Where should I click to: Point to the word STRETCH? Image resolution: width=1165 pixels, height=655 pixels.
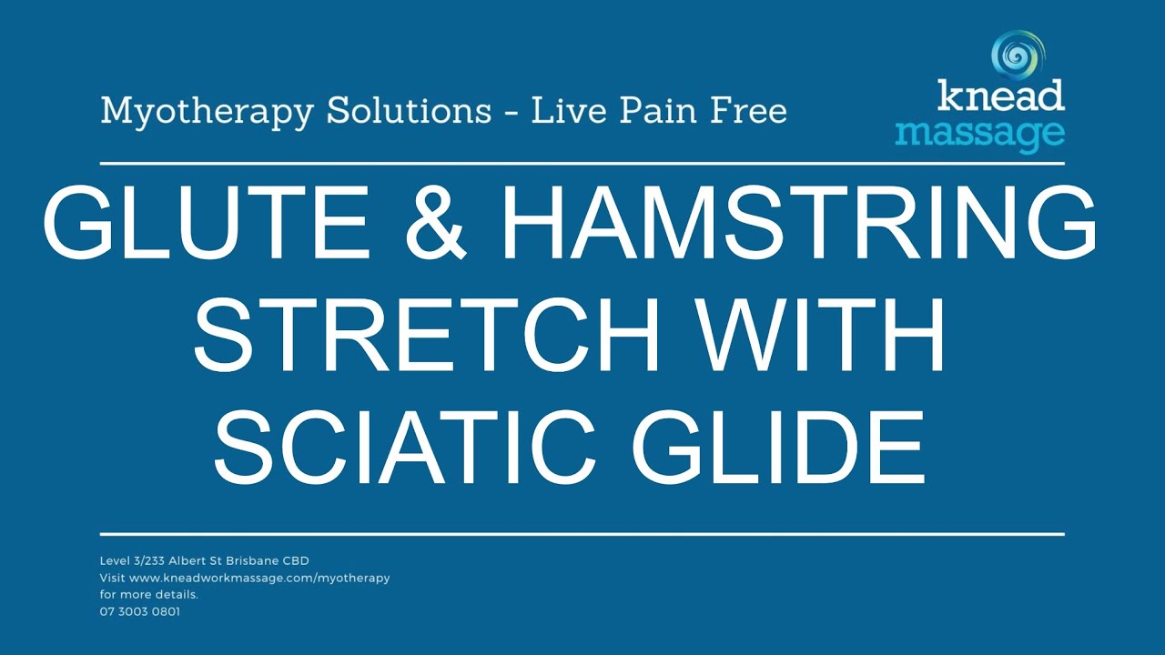pos(426,338)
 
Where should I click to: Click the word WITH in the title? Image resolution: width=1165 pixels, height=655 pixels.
pos(817,338)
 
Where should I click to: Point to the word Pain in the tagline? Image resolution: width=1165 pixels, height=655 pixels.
pos(665,111)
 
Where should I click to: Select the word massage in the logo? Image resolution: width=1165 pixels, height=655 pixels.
pos(979,133)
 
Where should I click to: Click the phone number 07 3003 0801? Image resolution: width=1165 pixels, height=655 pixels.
pos(139,611)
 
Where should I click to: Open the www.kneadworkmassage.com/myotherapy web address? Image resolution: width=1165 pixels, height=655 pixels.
pos(259,578)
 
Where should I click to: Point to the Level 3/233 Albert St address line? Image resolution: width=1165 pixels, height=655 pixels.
pos(204,560)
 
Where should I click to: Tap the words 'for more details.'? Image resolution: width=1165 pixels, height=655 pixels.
pos(148,594)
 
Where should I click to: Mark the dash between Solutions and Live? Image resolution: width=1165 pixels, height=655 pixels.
pos(511,113)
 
